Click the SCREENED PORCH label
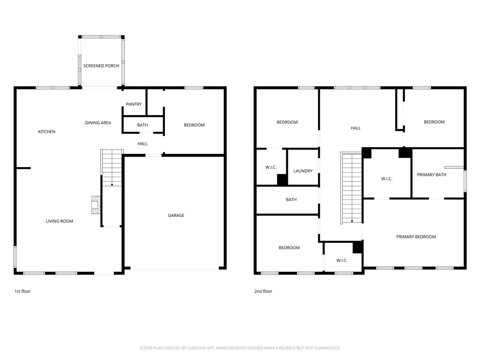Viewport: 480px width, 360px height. click(101, 66)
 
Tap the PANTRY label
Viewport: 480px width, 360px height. click(134, 104)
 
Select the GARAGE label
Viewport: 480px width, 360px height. click(176, 216)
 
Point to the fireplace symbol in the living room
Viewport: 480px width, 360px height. click(95, 205)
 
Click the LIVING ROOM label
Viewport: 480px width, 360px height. click(60, 221)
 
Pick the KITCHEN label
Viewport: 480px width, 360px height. click(46, 132)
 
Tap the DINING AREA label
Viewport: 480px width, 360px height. click(98, 123)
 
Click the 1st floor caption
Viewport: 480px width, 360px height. click(22, 291)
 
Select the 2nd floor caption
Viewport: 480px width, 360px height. click(263, 291)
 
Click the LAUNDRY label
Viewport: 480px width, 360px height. click(303, 171)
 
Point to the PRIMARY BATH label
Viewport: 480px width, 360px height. click(432, 175)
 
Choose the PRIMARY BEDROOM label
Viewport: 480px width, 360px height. click(416, 237)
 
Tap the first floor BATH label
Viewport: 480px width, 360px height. click(142, 125)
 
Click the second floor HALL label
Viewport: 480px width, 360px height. click(356, 128)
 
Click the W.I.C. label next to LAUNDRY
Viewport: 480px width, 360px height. click(271, 167)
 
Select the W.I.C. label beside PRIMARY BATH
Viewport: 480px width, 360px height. click(387, 179)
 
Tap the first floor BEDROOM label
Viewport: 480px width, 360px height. click(194, 125)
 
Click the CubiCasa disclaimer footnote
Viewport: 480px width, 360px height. click(240, 348)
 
